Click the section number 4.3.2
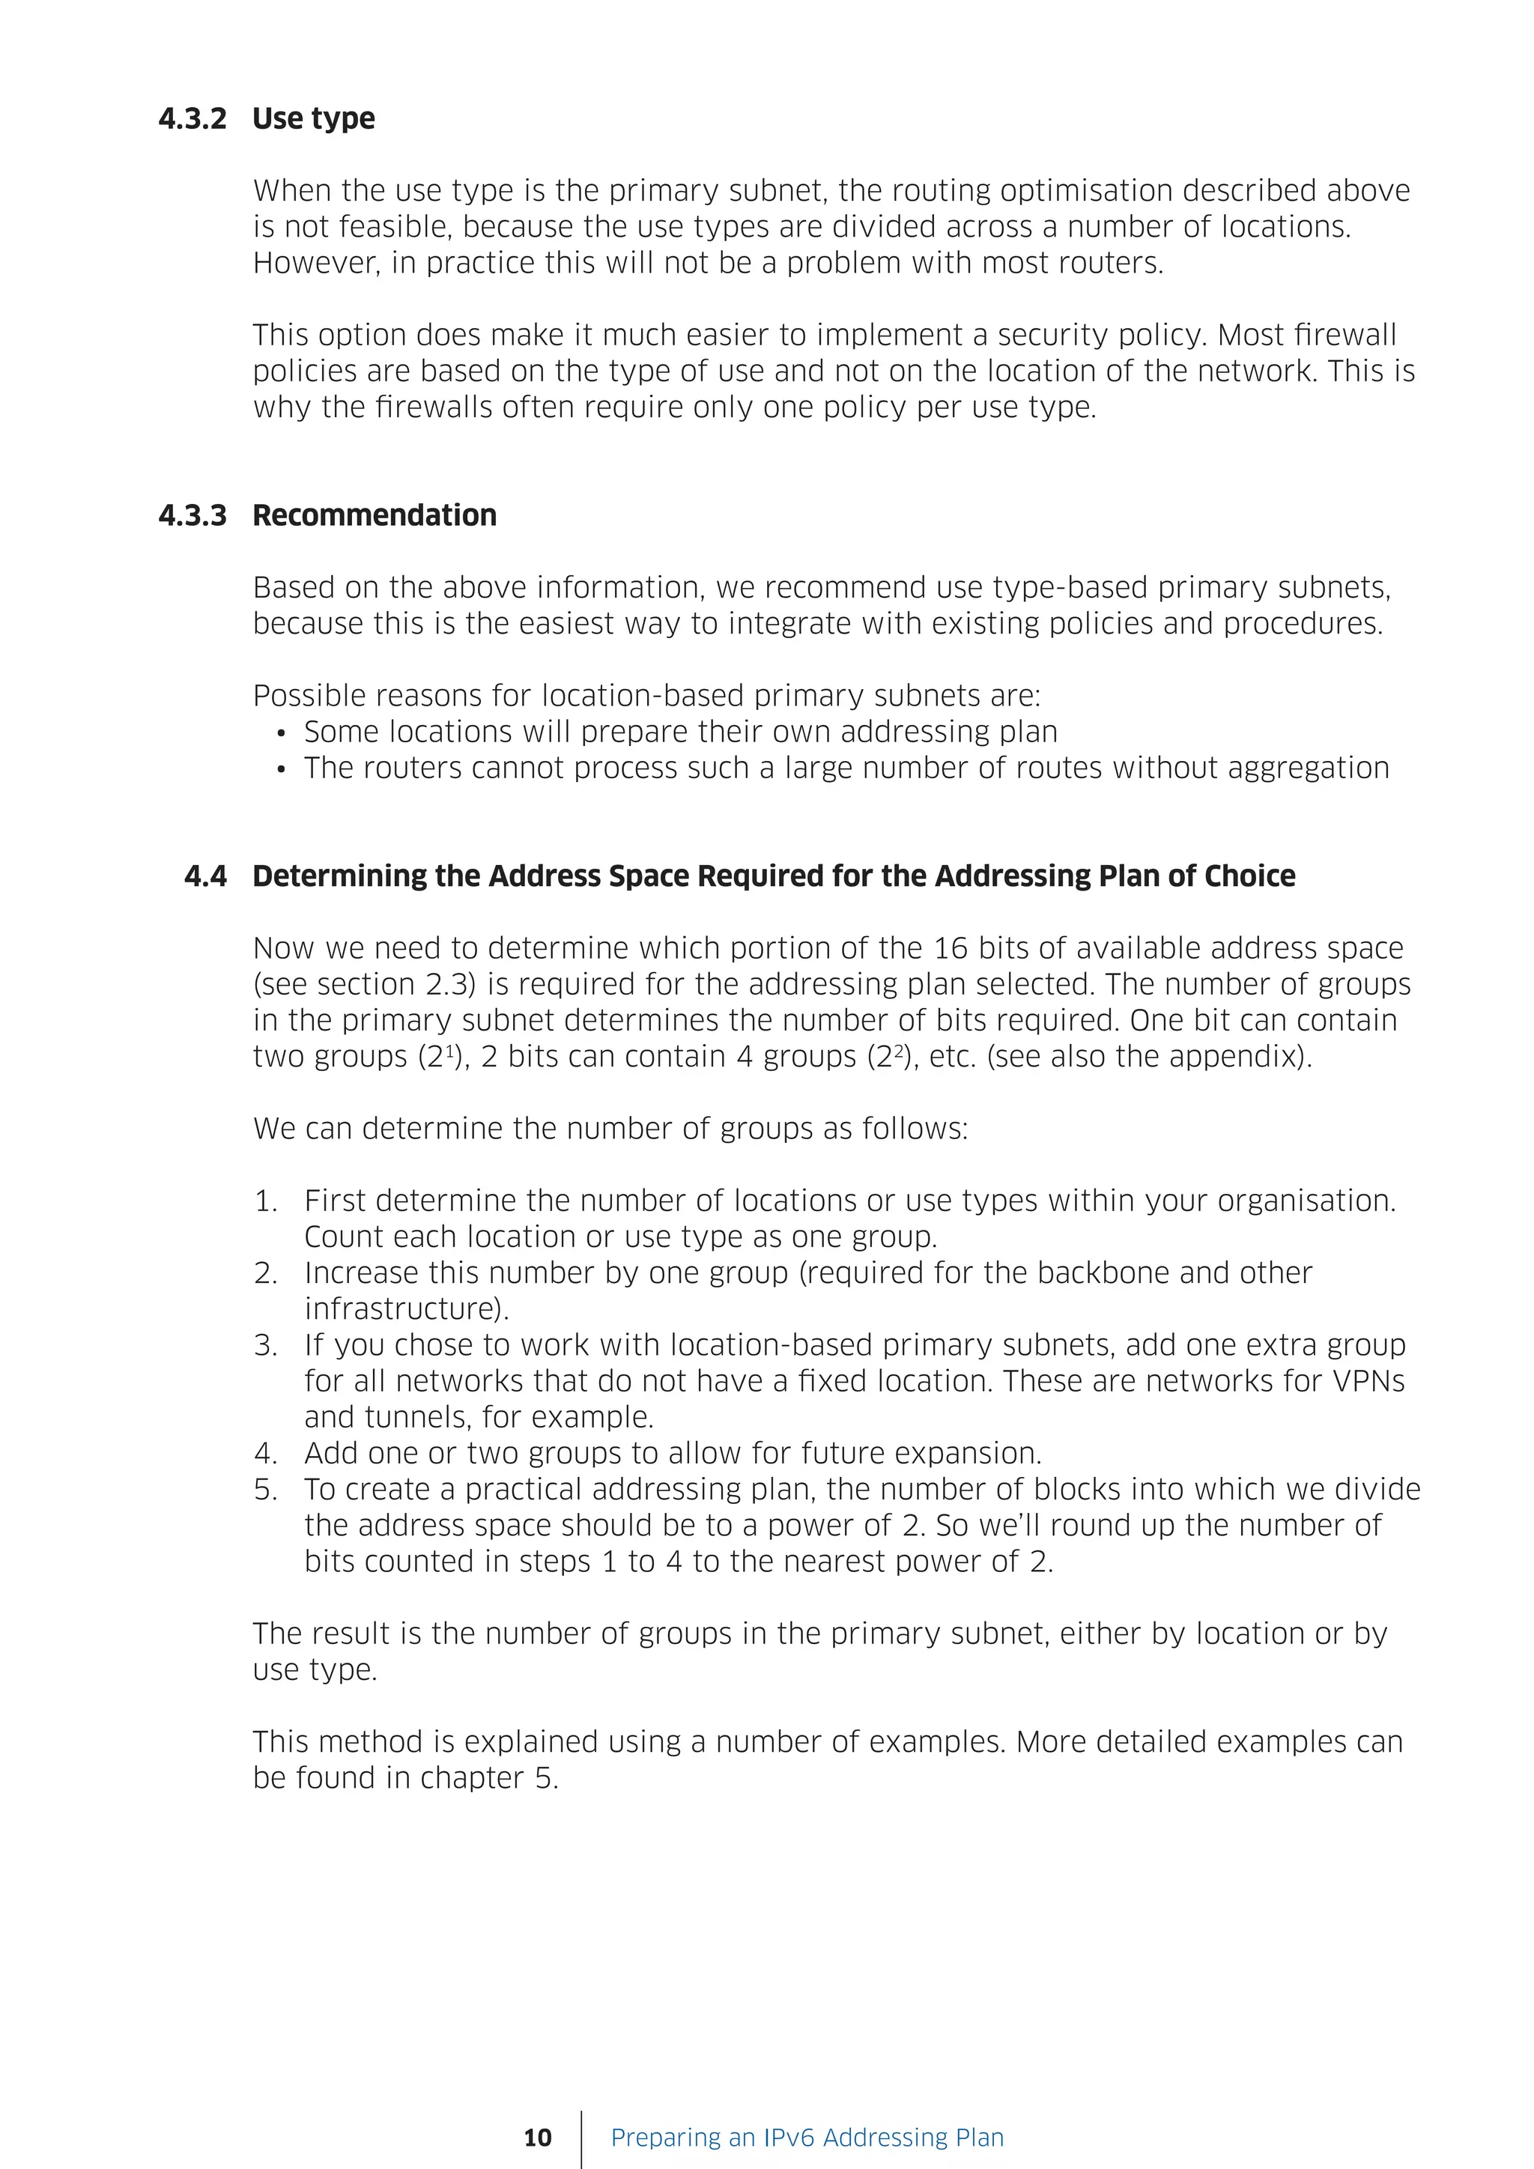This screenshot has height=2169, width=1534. pos(192,119)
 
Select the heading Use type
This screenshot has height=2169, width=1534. pos(314,119)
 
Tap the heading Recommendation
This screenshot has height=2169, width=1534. pos(374,516)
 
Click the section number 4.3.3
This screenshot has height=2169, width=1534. pos(192,516)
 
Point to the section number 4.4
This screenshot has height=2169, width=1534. pos(206,877)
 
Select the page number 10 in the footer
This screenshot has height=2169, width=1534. pos(538,2138)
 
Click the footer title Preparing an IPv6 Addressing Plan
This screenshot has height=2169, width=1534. pos(807,2138)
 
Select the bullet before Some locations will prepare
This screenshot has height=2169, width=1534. pos(281,734)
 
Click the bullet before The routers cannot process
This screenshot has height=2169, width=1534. pos(281,770)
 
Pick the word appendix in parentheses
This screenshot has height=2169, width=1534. pos(1241,1057)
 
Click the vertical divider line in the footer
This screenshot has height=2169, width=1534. pos(582,2138)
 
